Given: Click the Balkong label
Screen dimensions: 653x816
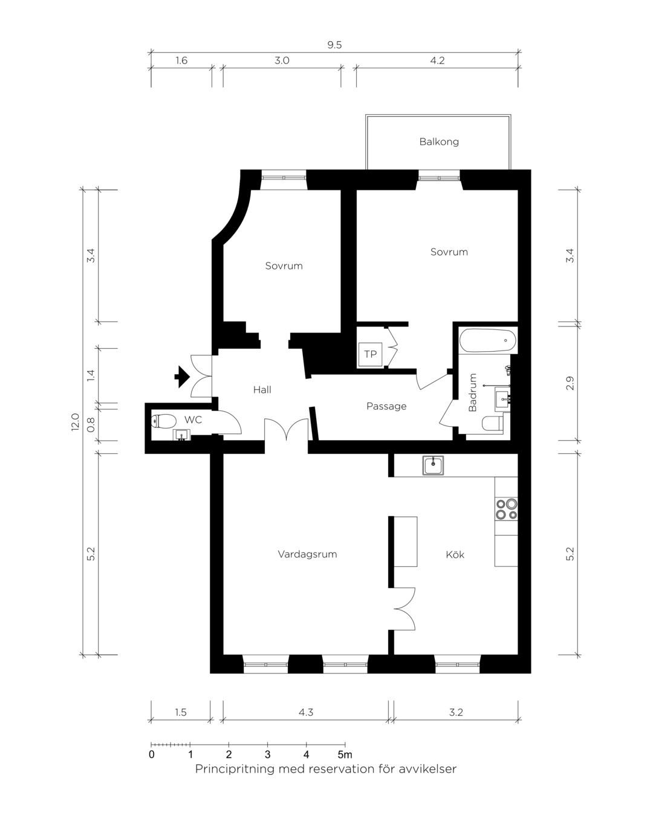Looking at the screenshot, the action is [438, 142].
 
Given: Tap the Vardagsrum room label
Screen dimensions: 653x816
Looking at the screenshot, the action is [307, 554].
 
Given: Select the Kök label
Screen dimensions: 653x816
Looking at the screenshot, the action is [455, 554].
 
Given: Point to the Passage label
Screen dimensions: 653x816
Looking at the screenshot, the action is [386, 406].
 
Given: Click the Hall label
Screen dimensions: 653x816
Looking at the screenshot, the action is [262, 389].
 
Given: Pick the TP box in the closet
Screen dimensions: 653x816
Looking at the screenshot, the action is [370, 354].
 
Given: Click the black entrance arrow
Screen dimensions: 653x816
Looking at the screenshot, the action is [182, 377].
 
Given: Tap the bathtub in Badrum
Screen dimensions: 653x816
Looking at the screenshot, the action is [487, 340].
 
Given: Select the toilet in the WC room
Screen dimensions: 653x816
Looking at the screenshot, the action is [164, 421].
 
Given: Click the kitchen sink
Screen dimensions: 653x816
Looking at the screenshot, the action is [433, 465].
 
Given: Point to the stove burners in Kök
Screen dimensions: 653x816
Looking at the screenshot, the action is [507, 509].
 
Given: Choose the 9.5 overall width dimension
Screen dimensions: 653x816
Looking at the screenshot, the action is [334, 45].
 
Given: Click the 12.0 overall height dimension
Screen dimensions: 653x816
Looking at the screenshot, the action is [75, 422].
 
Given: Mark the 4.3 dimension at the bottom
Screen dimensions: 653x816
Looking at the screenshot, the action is [306, 712].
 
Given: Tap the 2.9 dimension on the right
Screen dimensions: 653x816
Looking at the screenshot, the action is [570, 383].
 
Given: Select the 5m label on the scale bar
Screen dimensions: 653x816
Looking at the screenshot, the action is [345, 754].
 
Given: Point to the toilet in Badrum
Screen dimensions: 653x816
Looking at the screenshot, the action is [492, 423].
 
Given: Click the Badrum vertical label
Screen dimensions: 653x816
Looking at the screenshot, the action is [472, 392].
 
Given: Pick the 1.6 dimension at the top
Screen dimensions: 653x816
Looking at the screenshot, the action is [181, 60].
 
